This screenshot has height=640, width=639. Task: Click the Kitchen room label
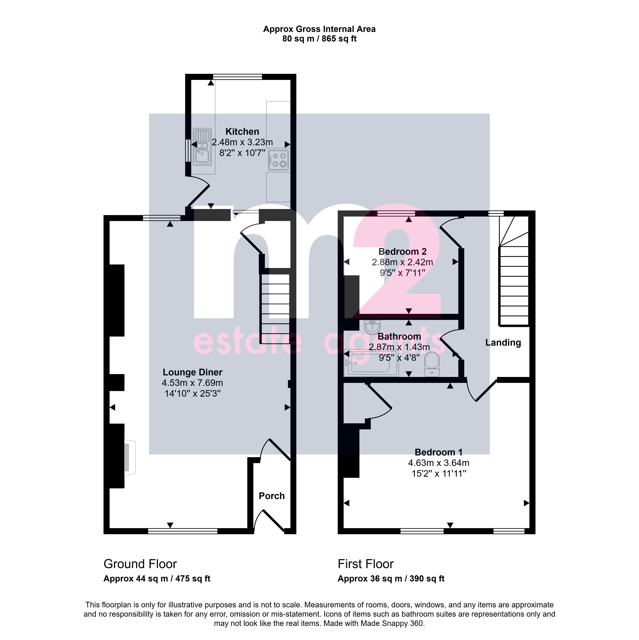point(242,132)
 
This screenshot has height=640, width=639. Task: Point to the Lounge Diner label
point(192,372)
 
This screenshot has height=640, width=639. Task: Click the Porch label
point(271,496)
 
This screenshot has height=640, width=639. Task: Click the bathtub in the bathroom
point(371,363)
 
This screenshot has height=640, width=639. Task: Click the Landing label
point(503,342)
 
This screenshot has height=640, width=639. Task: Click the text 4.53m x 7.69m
point(192,383)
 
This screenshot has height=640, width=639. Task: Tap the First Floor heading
point(366,564)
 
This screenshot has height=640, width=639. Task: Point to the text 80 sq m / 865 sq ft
point(319,39)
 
